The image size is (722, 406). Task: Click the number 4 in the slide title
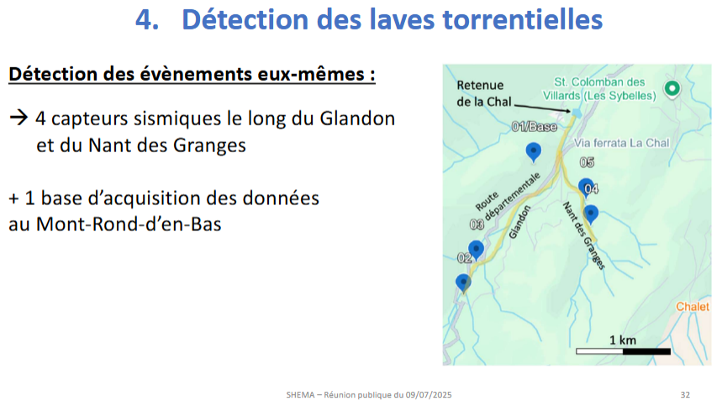click(x=145, y=20)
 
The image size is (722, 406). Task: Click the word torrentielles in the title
click(x=523, y=20)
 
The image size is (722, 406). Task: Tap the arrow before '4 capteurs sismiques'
click(x=18, y=118)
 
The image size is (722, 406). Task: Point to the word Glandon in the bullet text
click(x=357, y=119)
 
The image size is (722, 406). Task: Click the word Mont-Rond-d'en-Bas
click(x=129, y=224)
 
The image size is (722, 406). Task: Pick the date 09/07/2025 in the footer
click(x=429, y=394)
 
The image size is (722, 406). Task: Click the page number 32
click(x=685, y=394)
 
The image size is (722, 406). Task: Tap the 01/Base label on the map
click(x=534, y=127)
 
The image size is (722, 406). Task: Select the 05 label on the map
click(x=587, y=162)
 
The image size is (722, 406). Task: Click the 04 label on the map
click(x=591, y=189)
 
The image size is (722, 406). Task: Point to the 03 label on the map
click(x=477, y=224)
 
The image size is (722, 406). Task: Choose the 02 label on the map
click(x=464, y=258)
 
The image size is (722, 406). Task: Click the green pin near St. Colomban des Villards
click(x=672, y=89)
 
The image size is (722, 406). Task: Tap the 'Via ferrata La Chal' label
click(x=621, y=143)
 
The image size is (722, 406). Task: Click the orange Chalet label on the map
click(x=693, y=307)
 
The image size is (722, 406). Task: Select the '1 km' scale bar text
click(x=623, y=340)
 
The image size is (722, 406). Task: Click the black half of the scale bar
click(x=646, y=351)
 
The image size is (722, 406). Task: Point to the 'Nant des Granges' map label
click(x=584, y=235)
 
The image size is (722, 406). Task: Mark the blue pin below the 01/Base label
click(x=533, y=152)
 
